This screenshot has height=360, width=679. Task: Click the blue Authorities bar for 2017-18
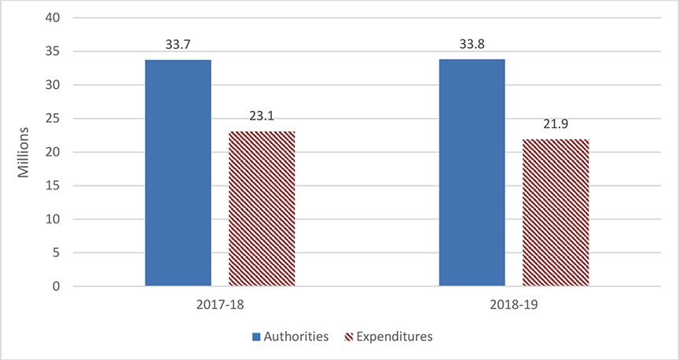point(178,173)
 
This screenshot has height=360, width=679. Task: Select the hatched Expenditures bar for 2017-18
point(262,208)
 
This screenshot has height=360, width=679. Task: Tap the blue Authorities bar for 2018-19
point(472,173)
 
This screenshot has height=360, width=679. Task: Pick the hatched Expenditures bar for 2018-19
point(556,212)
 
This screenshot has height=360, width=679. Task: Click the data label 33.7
point(178,45)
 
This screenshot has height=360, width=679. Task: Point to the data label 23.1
point(262,116)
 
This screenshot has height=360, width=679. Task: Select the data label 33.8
point(472,44)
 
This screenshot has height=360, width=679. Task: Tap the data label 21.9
point(556,123)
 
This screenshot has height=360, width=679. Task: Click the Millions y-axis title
point(24,152)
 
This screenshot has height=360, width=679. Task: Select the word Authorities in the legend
point(296,336)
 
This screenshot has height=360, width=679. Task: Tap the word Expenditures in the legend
point(395,336)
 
